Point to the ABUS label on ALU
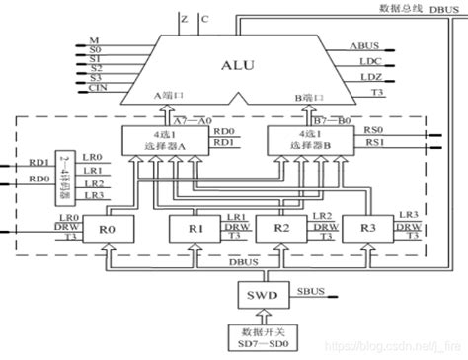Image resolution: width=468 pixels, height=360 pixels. pyautogui.click(x=363, y=45)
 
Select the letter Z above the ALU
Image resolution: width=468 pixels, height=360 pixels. pyautogui.click(x=185, y=17)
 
